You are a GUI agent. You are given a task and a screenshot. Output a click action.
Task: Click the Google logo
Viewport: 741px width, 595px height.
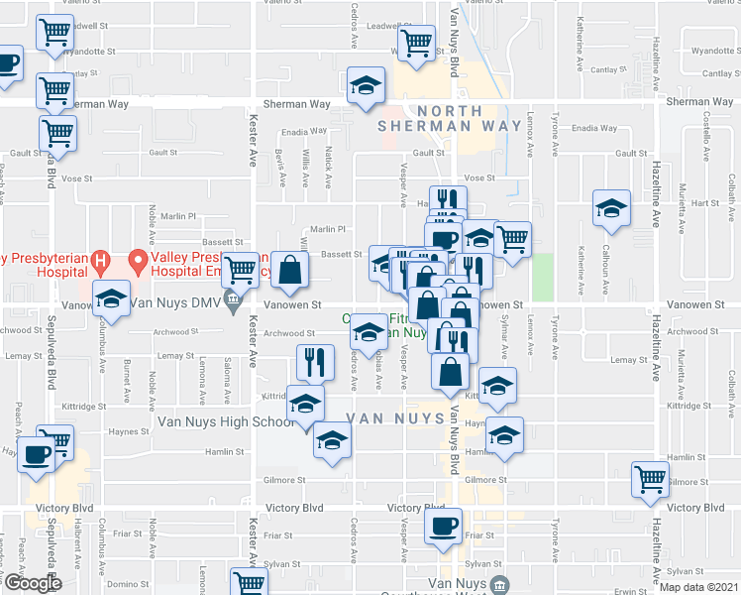(33, 583)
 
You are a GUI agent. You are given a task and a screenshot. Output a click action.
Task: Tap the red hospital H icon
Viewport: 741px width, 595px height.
(99, 262)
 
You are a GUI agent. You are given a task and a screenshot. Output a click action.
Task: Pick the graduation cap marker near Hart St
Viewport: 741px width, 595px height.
(611, 208)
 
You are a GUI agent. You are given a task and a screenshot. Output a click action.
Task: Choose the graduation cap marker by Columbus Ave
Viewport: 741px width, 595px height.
(112, 297)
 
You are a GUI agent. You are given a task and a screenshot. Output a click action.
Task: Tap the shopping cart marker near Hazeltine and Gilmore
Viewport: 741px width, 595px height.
(651, 479)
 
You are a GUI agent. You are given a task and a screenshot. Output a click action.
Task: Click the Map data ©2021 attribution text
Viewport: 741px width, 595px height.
(698, 587)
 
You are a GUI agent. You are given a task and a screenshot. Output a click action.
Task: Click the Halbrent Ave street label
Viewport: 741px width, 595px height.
(78, 562)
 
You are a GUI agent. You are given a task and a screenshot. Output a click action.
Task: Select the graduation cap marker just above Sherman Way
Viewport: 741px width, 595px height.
(367, 84)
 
